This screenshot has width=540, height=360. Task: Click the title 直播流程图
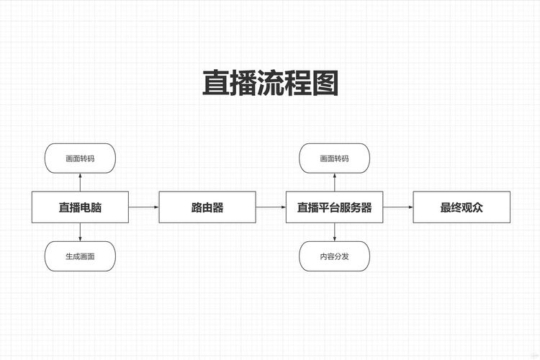coord(270,84)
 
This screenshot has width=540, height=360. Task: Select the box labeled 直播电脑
coord(80,207)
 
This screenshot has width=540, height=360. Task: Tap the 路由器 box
coord(207,207)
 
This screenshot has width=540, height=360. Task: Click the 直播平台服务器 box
coord(334,207)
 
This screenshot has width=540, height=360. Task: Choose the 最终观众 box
coord(462,207)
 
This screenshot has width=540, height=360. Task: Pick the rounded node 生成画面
coord(80,256)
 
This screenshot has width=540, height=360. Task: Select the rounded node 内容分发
coord(334,256)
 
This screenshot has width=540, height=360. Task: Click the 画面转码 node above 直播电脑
coord(80,158)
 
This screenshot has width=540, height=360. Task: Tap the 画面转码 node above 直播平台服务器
coord(334,158)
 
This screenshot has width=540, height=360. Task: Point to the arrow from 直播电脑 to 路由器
coord(144,207)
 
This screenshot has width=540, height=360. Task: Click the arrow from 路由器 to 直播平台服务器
coord(271,207)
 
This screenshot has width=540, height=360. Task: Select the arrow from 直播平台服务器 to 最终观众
coord(398,207)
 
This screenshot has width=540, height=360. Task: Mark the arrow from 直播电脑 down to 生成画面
coord(80,232)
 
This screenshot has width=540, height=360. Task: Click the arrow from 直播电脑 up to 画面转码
coord(80,182)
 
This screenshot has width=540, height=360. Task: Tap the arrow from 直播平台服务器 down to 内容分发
coord(334,232)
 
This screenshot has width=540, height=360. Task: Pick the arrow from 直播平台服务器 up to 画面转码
coord(334,182)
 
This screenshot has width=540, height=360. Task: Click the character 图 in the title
coord(325,84)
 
